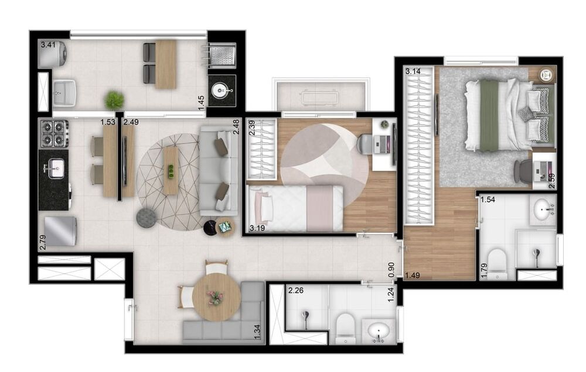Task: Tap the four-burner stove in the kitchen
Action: pos(54,133)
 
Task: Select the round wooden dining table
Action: pos(216,297)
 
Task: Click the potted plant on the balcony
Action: pos(114,100)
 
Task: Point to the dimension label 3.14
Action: pos(413,72)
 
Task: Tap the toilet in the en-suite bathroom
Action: pos(496,263)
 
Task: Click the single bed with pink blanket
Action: pos(295,208)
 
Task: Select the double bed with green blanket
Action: pos(508,114)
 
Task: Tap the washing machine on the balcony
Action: pos(53,54)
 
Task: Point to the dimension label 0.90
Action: pos(391,268)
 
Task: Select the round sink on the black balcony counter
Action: pos(222,91)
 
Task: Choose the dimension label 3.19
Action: pos(256,228)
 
